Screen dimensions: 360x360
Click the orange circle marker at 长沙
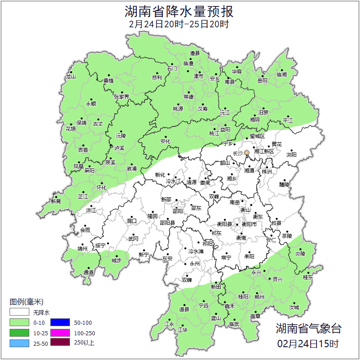coord(247,152)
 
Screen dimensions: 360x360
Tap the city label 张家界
coord(122,97)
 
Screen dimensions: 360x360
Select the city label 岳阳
coord(262,81)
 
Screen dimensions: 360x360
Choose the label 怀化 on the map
coord(102,187)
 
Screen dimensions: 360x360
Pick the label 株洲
coord(267,172)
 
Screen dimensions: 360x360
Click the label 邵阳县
coord(167,222)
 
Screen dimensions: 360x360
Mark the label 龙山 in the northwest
coord(70,76)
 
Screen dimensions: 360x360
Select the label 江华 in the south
coord(183,329)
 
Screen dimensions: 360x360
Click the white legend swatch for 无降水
coord(20,313)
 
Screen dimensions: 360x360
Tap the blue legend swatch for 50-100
coord(59,323)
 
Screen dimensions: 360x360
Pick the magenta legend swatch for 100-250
coord(59,333)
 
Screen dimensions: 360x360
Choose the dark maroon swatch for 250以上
coord(59,343)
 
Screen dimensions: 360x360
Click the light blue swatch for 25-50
coord(20,343)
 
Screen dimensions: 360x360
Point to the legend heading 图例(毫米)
coord(26,302)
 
